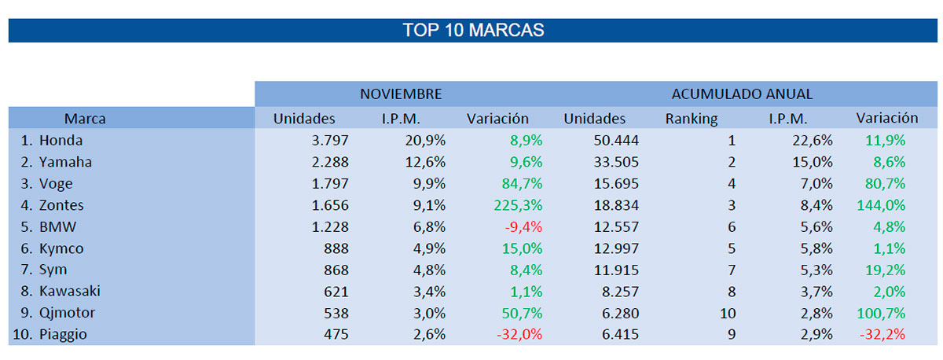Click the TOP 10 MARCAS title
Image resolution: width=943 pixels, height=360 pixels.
[x=473, y=31]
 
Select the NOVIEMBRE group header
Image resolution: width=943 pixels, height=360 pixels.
[x=401, y=94]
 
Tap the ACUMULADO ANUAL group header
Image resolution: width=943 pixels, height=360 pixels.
[x=742, y=94]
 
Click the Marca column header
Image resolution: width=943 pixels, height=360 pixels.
[x=85, y=119]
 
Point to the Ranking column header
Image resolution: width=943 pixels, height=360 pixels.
[x=692, y=119]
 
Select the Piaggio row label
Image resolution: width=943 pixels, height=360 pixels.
[x=64, y=334]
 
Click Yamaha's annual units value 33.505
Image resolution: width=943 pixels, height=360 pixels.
[x=617, y=162]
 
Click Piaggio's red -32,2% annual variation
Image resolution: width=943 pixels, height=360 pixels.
[x=882, y=334]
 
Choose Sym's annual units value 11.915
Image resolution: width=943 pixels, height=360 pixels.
[x=617, y=270]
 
